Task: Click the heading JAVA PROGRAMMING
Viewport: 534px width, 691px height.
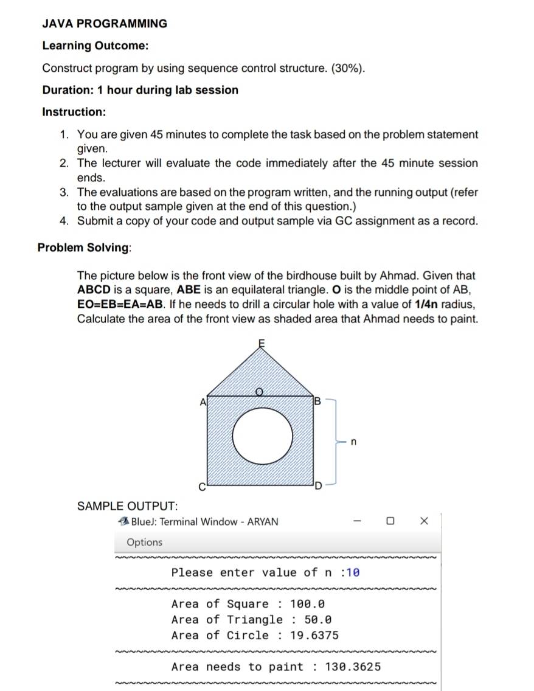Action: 105,24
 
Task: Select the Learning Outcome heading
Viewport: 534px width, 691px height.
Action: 95,46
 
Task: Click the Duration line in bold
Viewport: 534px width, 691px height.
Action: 140,90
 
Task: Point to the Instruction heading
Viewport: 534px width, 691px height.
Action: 74,112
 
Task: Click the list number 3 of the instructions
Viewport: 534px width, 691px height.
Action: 64,192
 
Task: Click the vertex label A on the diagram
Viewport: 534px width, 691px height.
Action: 203,401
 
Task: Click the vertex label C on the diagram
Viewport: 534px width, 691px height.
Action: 204,486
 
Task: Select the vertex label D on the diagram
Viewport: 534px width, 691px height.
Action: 317,486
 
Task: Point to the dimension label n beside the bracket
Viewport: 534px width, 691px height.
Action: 353,442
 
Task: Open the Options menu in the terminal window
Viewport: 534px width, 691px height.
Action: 145,542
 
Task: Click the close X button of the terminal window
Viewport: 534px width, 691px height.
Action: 424,521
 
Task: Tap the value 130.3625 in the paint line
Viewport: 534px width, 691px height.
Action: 353,667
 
